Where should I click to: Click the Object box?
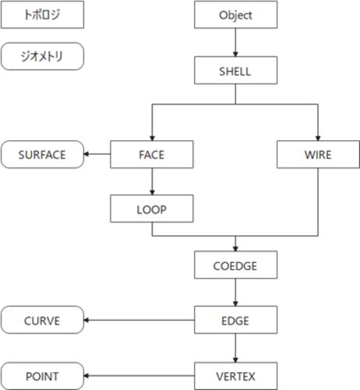click(235, 15)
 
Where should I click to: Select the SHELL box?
click(235, 70)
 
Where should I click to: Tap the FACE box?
click(152, 154)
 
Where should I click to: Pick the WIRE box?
click(318, 154)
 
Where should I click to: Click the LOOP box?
click(152, 208)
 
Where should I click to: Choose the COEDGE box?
click(235, 265)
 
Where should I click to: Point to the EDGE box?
click(235, 320)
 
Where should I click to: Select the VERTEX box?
click(235, 376)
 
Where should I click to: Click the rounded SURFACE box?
click(42, 154)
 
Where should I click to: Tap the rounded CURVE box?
click(42, 320)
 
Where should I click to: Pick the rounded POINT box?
click(42, 376)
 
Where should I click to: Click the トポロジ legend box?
click(42, 15)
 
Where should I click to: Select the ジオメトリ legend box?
click(42, 56)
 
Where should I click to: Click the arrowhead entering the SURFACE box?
click(86, 154)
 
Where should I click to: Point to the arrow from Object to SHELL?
click(235, 42)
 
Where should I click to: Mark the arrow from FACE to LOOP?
click(152, 182)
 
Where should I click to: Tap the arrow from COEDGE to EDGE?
click(235, 292)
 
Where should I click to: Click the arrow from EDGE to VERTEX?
click(235, 348)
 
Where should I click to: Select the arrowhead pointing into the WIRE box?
click(318, 138)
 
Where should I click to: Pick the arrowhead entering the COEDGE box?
click(235, 249)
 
